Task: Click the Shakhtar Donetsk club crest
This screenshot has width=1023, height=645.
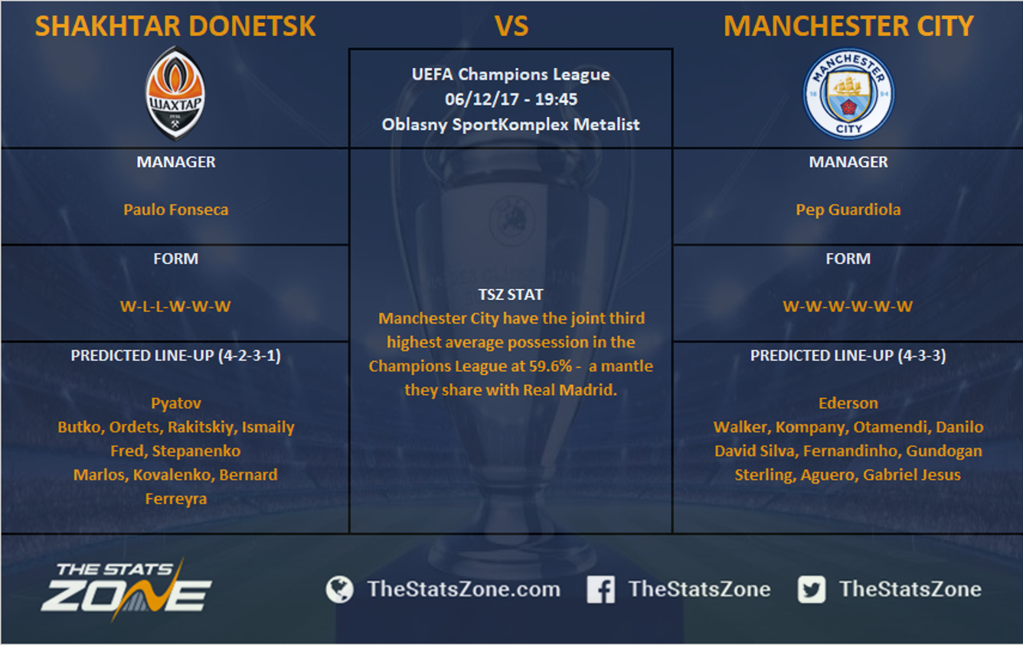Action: pyautogui.click(x=175, y=93)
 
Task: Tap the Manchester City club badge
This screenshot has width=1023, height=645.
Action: pyautogui.click(x=849, y=93)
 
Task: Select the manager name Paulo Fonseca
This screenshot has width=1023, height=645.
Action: pyautogui.click(x=176, y=210)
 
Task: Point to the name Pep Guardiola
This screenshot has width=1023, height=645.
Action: pyautogui.click(x=848, y=210)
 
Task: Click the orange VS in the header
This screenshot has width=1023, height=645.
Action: pyautogui.click(x=512, y=26)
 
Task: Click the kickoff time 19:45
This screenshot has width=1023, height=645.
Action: pyautogui.click(x=556, y=99)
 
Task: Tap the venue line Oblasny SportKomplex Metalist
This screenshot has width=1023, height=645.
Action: pyautogui.click(x=511, y=125)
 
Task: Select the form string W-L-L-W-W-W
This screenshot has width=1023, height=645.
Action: pyautogui.click(x=175, y=306)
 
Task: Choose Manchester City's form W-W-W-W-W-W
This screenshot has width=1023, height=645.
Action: pyautogui.click(x=848, y=306)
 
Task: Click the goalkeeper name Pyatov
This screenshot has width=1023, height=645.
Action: pyautogui.click(x=176, y=403)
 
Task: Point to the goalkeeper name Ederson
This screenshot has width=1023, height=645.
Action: pyautogui.click(x=848, y=403)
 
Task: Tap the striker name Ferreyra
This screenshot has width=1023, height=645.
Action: pyautogui.click(x=176, y=499)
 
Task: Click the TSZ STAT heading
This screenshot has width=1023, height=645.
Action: pyautogui.click(x=511, y=295)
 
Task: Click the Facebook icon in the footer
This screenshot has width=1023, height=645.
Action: pyautogui.click(x=600, y=589)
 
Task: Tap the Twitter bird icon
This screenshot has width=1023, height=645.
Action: pyautogui.click(x=812, y=589)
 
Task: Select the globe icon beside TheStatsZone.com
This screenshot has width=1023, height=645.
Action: pyautogui.click(x=339, y=589)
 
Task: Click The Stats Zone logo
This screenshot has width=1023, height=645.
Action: pyautogui.click(x=126, y=589)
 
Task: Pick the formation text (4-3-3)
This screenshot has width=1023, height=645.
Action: pyautogui.click(x=922, y=356)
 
